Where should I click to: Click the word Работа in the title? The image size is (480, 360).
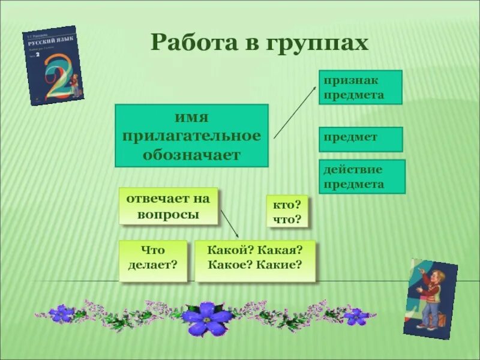pyautogui.click(x=189, y=43)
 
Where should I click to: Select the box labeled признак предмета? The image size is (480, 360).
pyautogui.click(x=360, y=87)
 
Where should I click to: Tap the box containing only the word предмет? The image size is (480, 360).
pyautogui.click(x=360, y=139)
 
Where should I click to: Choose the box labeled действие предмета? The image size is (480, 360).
pyautogui.click(x=362, y=176)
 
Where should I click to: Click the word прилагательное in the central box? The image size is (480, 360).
pyautogui.click(x=191, y=136)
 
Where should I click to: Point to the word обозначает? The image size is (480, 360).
pyautogui.click(x=191, y=155)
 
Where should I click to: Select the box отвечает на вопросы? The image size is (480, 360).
pyautogui.click(x=168, y=206)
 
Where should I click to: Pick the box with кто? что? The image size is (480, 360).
pyautogui.click(x=287, y=212)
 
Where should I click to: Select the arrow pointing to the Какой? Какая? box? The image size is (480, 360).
pyautogui.click(x=230, y=223)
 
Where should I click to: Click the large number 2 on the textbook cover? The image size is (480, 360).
pyautogui.click(x=55, y=75)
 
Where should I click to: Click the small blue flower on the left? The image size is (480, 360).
pyautogui.click(x=62, y=313)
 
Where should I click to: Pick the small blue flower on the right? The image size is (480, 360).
pyautogui.click(x=355, y=316)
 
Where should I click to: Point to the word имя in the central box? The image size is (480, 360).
pyautogui.click(x=191, y=116)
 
